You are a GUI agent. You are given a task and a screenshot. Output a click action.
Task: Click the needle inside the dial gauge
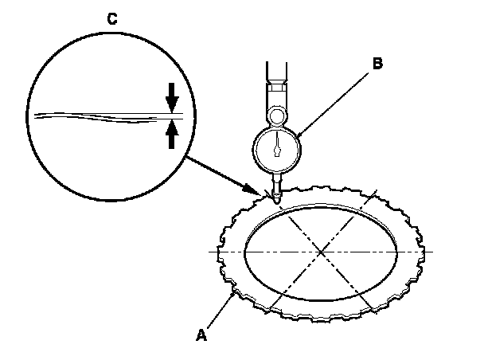coord(276,147)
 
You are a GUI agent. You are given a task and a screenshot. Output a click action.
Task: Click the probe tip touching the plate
coord(275,200)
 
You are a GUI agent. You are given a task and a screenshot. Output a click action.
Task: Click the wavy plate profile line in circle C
coord(96,116)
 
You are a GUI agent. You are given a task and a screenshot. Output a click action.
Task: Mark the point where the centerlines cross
coord(321,252)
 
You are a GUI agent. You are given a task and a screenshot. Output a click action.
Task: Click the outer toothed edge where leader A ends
coord(232,292)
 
